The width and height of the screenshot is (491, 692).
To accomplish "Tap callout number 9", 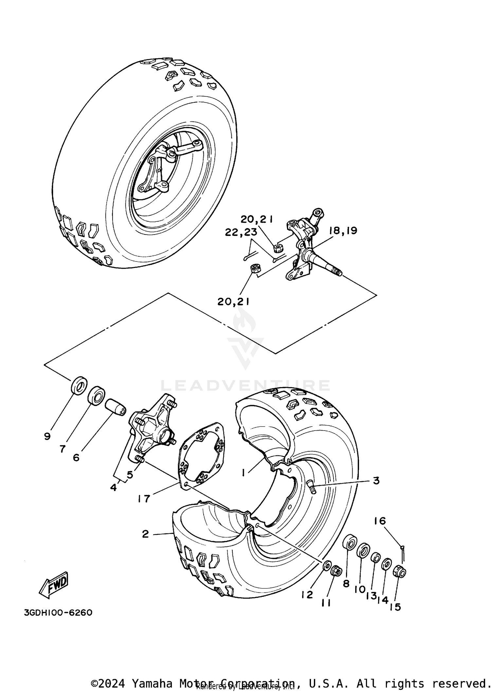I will coord(47,436).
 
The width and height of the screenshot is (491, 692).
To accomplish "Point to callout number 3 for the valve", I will coord(376,481).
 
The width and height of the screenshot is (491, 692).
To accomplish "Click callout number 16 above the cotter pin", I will coord(380,521).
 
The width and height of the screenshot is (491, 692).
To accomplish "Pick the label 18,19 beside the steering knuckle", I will coord(343,230).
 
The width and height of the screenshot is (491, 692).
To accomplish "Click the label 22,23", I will coord(241,232).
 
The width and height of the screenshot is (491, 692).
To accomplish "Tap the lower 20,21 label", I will coord(233,301).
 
